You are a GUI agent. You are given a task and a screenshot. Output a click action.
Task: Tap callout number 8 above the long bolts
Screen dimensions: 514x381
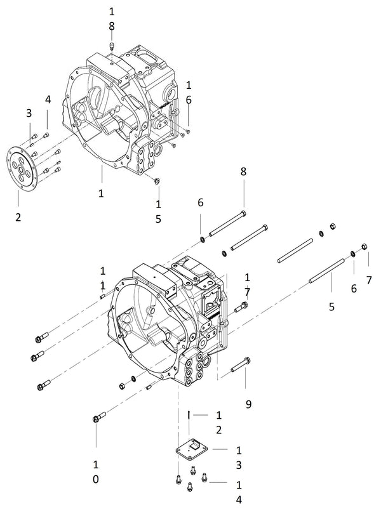point(243,171)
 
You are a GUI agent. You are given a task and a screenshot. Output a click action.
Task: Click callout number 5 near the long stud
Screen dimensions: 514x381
point(330,307)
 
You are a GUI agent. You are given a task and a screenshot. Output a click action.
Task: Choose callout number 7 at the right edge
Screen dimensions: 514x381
point(369,279)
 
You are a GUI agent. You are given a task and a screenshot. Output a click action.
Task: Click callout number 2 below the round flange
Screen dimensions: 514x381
point(18,217)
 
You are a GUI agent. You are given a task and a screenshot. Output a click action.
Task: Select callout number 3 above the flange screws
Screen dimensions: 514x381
point(28,113)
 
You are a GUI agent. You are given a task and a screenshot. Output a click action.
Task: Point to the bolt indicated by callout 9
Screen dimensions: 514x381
point(240,365)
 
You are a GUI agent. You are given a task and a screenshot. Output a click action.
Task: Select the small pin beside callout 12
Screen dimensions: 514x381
point(189,415)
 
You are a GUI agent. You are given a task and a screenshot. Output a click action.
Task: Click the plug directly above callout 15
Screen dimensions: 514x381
point(157,182)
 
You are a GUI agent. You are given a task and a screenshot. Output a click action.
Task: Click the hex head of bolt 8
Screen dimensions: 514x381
point(244,213)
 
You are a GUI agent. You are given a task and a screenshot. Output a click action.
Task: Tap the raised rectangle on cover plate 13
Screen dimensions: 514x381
point(197,447)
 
